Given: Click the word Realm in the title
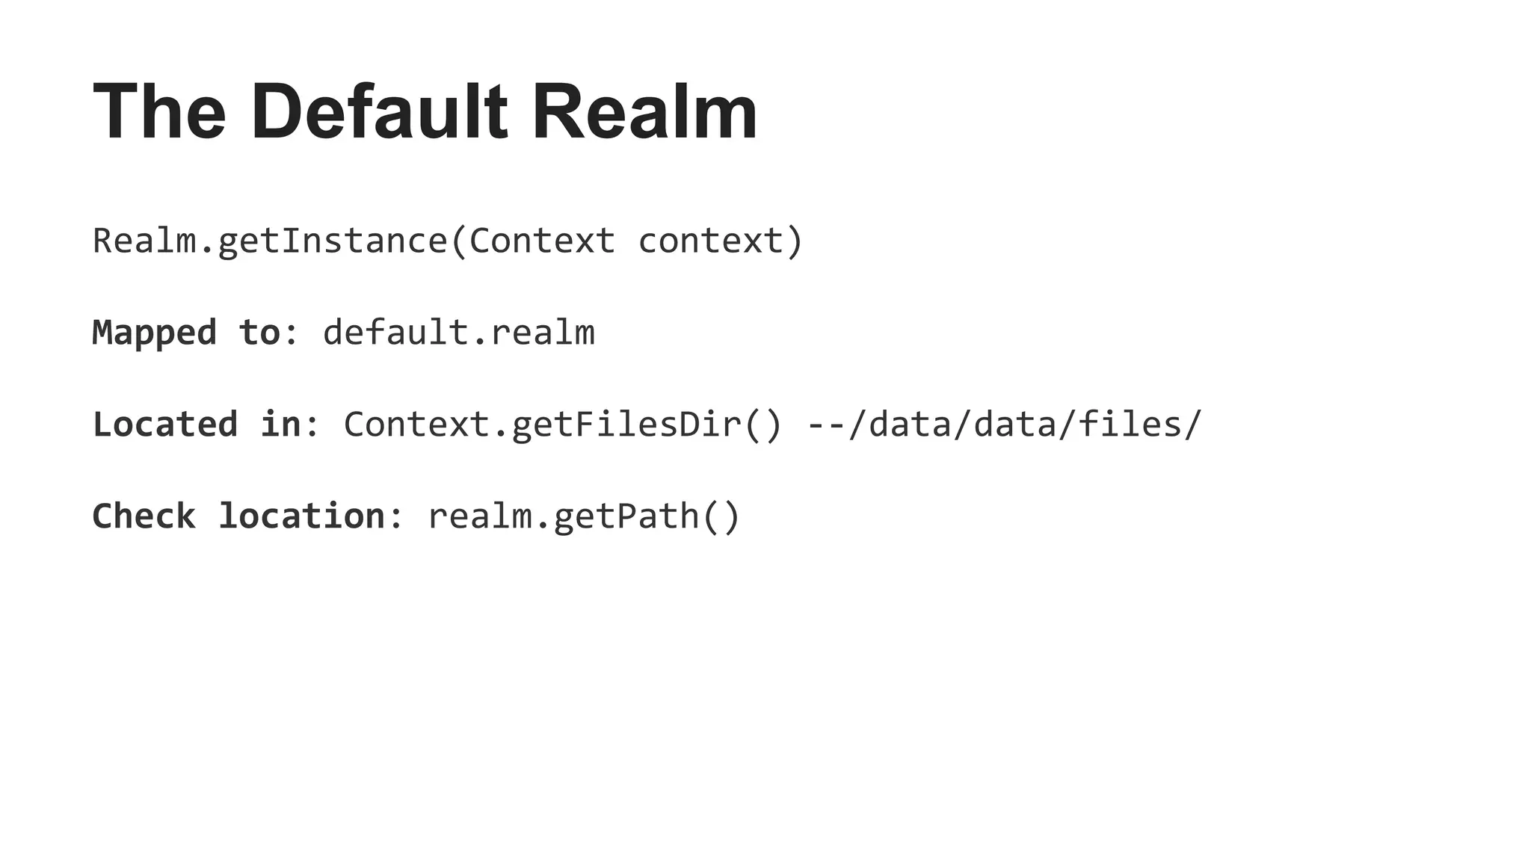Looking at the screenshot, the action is point(644,113).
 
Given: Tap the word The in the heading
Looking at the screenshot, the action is point(159,113).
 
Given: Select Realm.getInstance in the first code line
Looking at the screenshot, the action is point(269,241).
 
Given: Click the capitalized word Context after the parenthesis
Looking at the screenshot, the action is point(542,241).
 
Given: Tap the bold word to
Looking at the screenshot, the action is point(259,333).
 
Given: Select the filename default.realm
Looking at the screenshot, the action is point(459,333).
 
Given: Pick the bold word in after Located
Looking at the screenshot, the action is point(280,425).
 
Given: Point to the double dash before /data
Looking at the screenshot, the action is point(827,425).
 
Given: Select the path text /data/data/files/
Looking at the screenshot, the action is point(1025,425).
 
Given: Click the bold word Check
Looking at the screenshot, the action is point(144,516).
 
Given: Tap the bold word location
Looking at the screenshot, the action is point(301,516).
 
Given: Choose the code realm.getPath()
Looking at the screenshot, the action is point(584,516).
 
